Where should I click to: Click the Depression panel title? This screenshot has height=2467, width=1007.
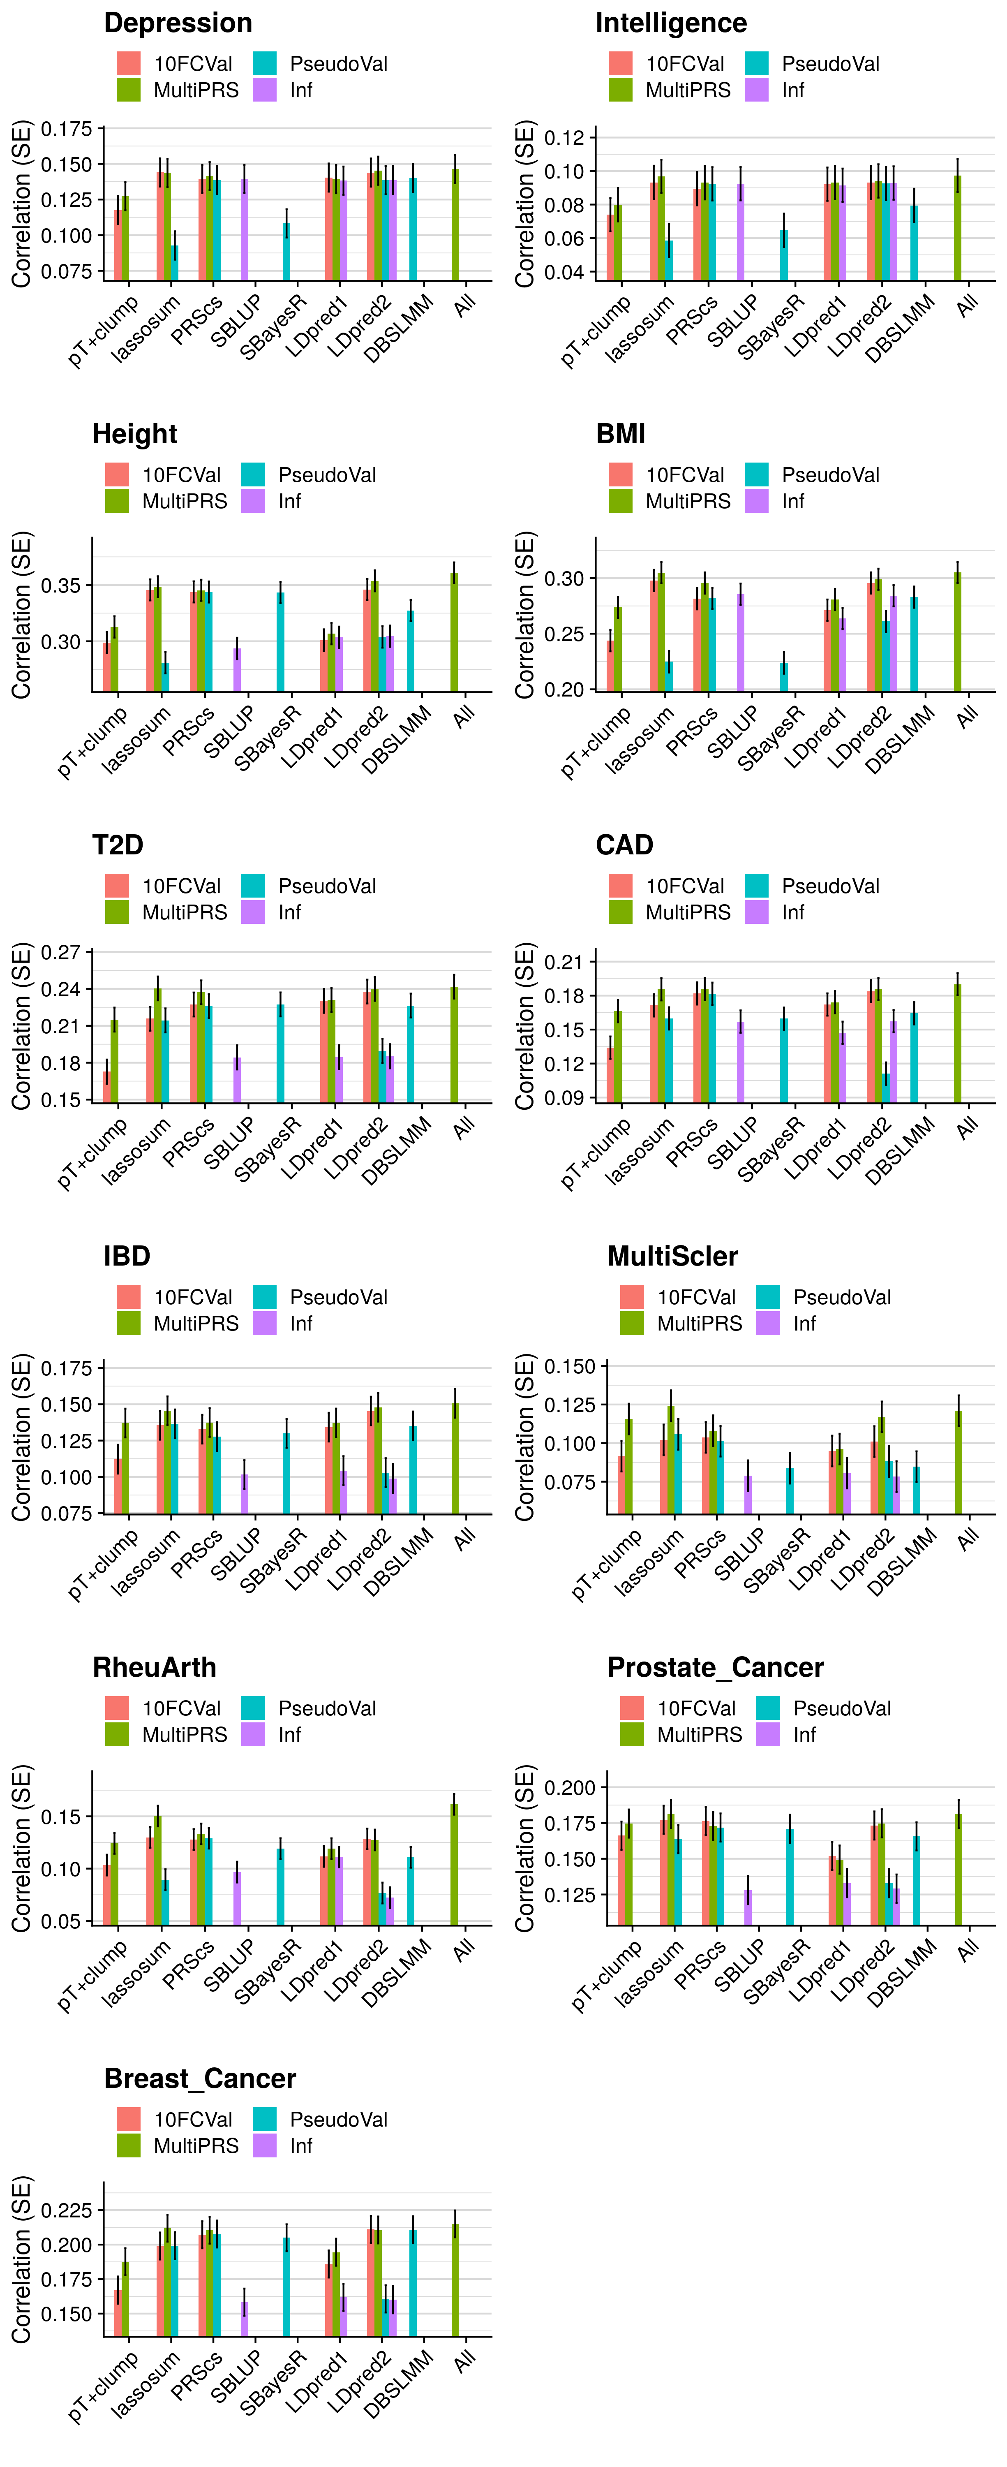[x=178, y=23]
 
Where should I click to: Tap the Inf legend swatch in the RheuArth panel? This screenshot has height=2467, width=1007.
[x=253, y=1734]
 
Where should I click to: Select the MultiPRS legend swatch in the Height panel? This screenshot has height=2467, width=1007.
[x=117, y=501]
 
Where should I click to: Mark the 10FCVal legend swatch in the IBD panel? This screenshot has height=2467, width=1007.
[x=128, y=1297]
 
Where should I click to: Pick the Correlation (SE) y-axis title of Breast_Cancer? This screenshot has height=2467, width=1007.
[x=21, y=2260]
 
